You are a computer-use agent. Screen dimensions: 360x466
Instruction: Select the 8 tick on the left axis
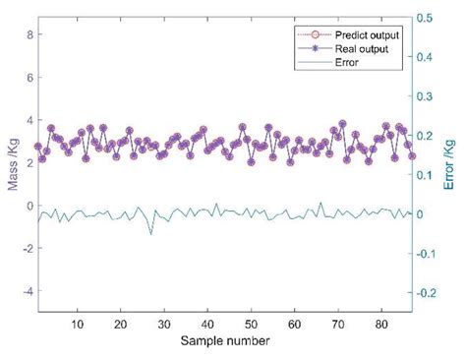[x=29, y=34]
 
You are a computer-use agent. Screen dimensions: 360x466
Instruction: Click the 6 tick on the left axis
[x=29, y=78]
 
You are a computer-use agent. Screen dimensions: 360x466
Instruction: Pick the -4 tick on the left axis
[x=28, y=292]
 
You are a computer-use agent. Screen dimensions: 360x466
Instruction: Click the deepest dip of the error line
[x=150, y=234]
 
